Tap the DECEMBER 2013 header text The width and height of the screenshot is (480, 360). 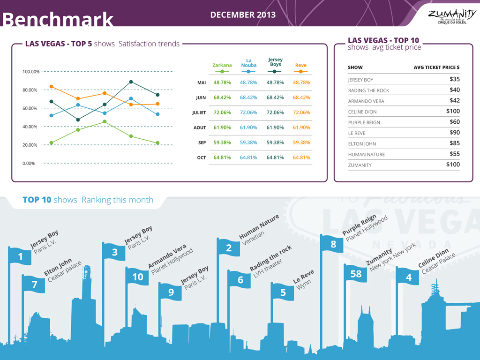pos(243,15)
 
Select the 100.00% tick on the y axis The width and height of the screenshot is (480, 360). pos(31,72)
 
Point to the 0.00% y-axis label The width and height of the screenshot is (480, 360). pos(29,163)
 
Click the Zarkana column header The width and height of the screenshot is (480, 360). pos(222,66)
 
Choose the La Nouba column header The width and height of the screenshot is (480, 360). pos(249,63)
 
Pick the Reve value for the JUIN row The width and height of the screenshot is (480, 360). pos(301,97)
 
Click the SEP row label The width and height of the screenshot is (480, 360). pos(202,142)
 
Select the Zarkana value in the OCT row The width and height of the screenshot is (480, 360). pos(222,157)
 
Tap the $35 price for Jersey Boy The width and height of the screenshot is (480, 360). pos(454,79)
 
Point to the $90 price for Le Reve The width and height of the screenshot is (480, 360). pos(454,133)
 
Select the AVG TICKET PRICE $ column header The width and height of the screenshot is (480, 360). pos(436,67)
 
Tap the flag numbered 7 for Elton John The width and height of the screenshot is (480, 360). pos(34,285)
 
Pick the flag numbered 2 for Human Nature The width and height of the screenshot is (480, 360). pos(229,248)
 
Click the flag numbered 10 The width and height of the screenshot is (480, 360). pos(137,277)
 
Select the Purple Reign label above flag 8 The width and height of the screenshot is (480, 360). pos(360,225)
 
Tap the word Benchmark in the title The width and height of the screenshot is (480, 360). pos(58,20)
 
